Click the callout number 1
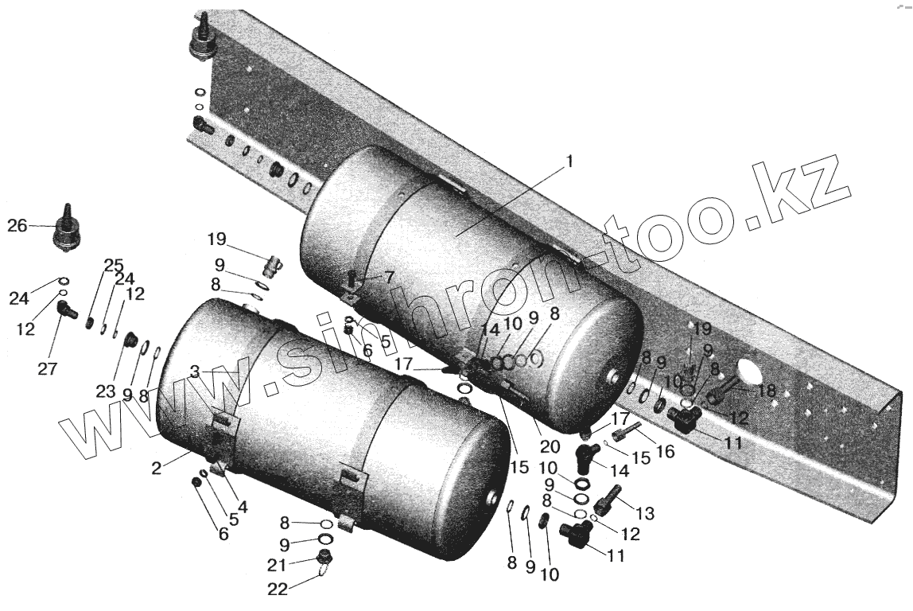(569, 159)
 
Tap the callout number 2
(157, 469)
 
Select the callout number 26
(17, 226)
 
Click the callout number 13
(645, 514)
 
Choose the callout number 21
(276, 564)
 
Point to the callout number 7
(389, 277)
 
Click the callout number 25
(114, 265)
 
